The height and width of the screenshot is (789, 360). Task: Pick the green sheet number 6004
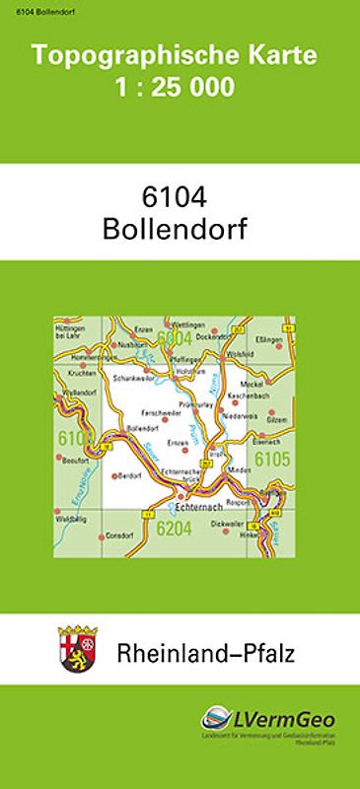coord(173,338)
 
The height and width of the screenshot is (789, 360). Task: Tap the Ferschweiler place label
coord(160,411)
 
